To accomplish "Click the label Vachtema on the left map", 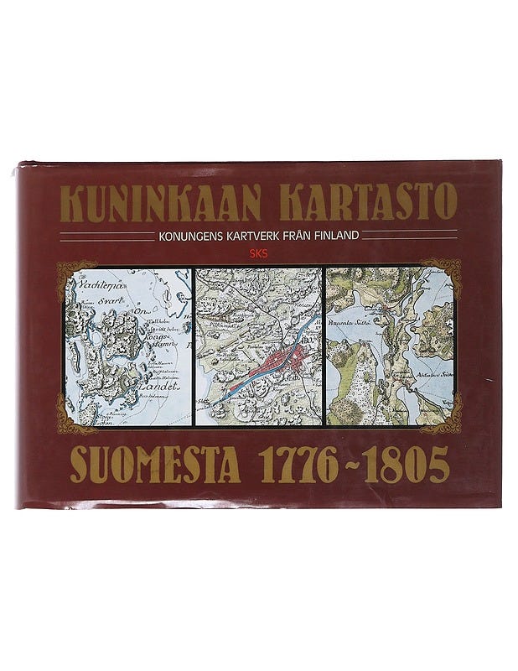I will coord(99,285).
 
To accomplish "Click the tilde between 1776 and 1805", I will coord(359,464).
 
